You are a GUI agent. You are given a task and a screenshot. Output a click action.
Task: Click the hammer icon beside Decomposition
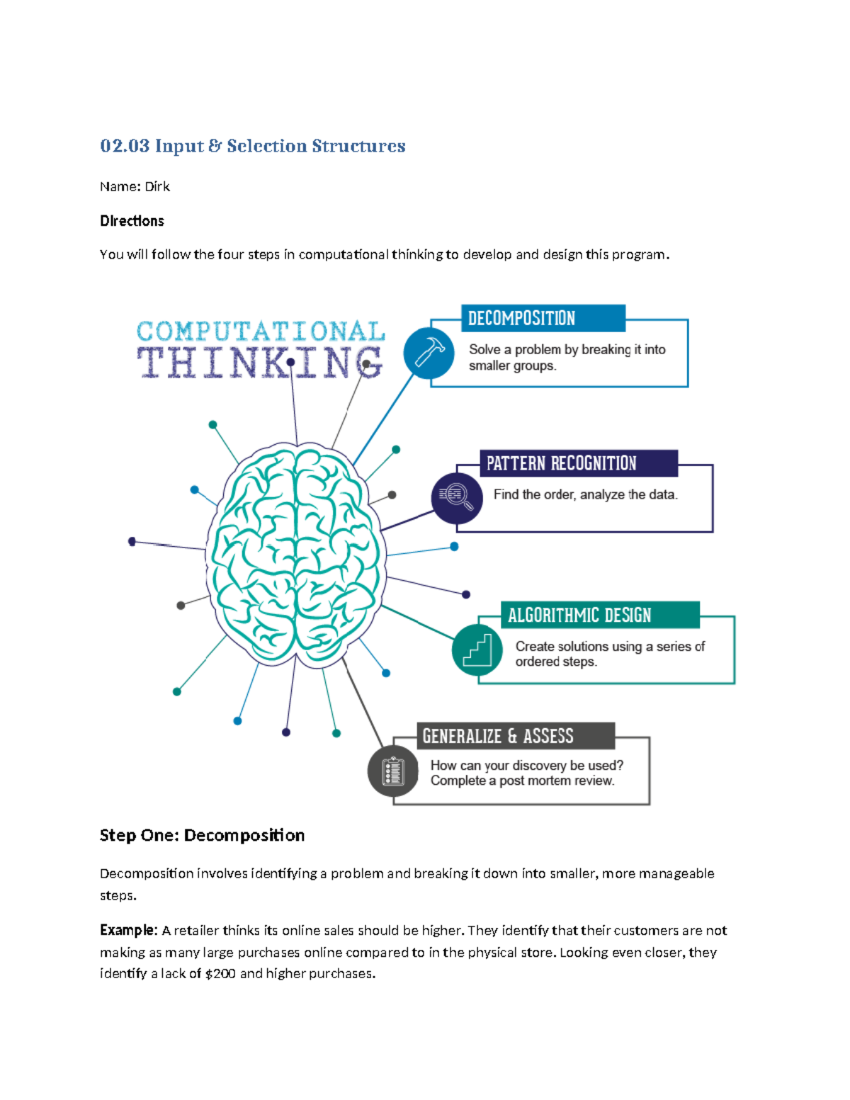click(x=429, y=352)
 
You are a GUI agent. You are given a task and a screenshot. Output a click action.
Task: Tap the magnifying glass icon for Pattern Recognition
click(x=456, y=497)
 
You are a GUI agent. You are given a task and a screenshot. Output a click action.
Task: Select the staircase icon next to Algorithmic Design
click(x=477, y=650)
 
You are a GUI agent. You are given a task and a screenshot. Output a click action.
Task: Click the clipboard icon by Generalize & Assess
click(x=392, y=771)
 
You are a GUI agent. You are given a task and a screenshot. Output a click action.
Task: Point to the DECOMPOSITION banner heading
click(x=521, y=319)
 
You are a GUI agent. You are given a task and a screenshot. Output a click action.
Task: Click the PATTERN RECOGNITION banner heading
click(x=561, y=463)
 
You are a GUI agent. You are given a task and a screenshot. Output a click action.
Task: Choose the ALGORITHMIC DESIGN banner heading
click(x=579, y=615)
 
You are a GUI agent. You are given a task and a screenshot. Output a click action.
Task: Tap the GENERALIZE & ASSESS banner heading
click(x=498, y=736)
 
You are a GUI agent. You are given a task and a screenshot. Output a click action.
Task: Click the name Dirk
click(x=157, y=186)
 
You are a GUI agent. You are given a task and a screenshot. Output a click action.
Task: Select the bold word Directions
click(x=132, y=221)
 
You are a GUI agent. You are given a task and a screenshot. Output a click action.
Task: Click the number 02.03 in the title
click(x=125, y=146)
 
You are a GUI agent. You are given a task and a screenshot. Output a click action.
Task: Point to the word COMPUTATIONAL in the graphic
click(x=261, y=331)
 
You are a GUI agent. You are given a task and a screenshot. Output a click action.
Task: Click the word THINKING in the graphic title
click(x=260, y=362)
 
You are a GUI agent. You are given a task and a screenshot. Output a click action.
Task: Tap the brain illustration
click(x=296, y=556)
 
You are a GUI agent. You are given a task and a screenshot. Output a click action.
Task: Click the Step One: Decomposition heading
click(x=202, y=835)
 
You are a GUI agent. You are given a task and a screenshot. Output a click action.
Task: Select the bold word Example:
click(x=128, y=930)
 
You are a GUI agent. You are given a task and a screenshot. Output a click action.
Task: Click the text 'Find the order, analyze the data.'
click(x=585, y=494)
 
